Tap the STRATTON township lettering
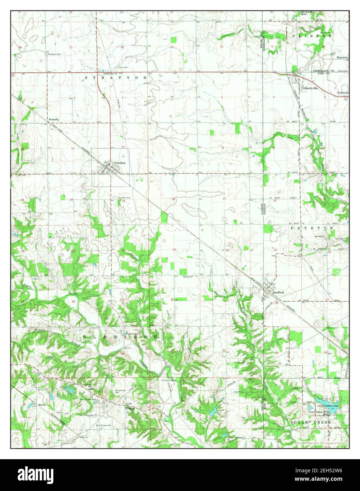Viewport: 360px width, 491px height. click(115, 77)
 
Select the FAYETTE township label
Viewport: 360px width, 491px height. click(312, 229)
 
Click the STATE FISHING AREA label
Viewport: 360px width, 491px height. click(327, 407)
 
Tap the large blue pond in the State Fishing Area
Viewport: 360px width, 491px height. click(327, 401)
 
